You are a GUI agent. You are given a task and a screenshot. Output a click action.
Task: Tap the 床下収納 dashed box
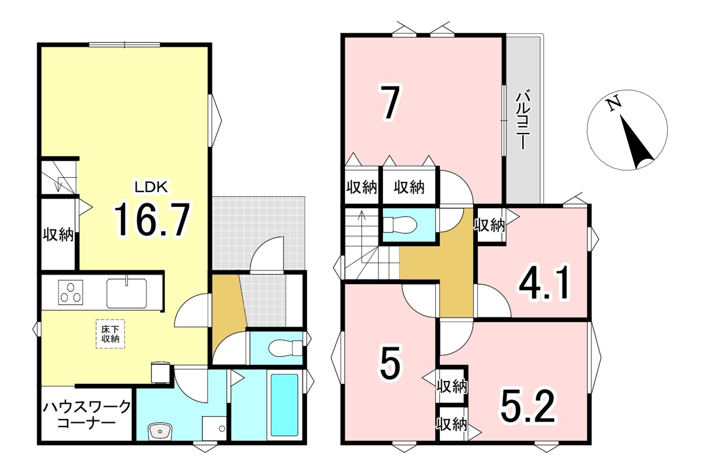[111, 334]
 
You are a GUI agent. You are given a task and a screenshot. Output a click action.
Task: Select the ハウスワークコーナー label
[86, 414]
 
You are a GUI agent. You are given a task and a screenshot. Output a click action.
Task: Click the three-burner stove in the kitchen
[70, 292]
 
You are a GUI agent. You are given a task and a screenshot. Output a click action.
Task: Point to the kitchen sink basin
[127, 293]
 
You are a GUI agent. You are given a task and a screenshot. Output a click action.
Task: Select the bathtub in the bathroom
[284, 405]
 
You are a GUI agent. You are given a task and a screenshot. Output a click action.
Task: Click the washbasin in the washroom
[160, 431]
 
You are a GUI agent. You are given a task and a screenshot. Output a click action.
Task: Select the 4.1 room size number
[544, 282]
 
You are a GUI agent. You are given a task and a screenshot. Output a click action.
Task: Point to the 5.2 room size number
[528, 406]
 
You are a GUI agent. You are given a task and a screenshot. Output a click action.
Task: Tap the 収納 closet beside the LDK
[58, 235]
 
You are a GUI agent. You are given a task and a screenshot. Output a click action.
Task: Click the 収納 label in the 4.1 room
[489, 225]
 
